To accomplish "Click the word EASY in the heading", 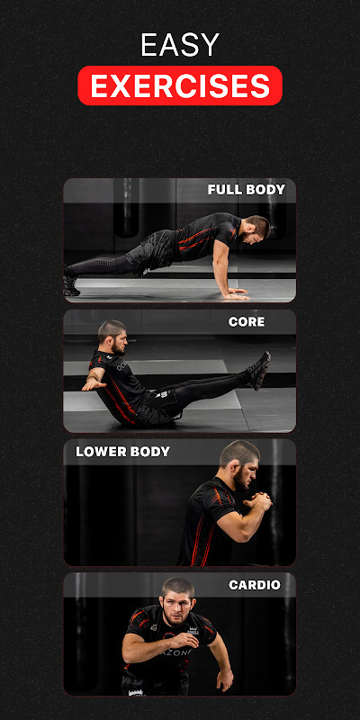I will [180, 45].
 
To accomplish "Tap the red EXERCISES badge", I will [180, 85].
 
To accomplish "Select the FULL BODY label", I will [246, 190].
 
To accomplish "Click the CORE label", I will [247, 321].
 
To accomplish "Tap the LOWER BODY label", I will [122, 452].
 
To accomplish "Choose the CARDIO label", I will [255, 585].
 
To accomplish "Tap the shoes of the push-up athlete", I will [71, 284].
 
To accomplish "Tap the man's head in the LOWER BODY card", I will [238, 463].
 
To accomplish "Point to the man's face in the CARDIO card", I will [176, 600].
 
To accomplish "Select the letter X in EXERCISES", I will [121, 85].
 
